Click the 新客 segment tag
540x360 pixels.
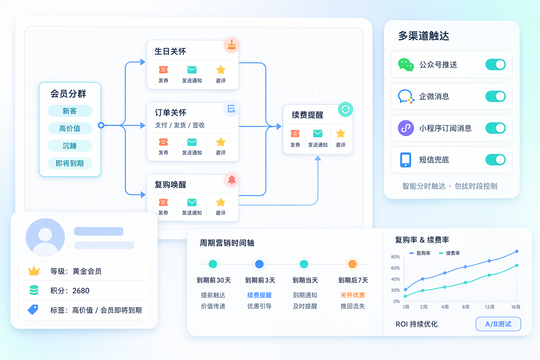tap(70, 111)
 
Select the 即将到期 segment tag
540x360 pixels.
tap(70, 163)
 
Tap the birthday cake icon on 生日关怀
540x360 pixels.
tap(232, 45)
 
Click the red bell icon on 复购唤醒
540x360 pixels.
tap(232, 180)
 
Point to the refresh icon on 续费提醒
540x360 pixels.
tap(346, 109)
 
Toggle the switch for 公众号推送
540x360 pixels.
tap(495, 65)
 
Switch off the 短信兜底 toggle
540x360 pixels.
tap(495, 160)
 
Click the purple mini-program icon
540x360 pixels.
tap(406, 128)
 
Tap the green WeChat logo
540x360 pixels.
tap(406, 65)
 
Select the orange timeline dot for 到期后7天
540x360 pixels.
tap(353, 264)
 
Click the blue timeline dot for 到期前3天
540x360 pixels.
tap(259, 264)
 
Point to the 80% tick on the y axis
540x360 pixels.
tap(396, 257)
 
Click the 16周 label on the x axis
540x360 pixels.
tap(516, 307)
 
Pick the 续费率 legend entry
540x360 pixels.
tap(450, 253)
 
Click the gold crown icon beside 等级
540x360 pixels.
tap(34, 271)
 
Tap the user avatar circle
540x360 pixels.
tap(45, 237)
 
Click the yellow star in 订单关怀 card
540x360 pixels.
tap(220, 142)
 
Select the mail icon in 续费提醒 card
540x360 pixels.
tap(318, 133)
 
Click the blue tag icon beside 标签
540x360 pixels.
tap(33, 310)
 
